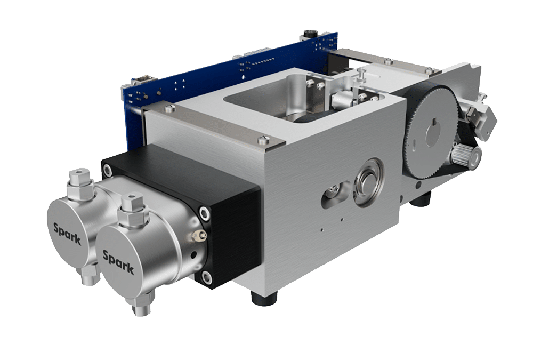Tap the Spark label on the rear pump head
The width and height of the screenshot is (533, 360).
click(x=67, y=234)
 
